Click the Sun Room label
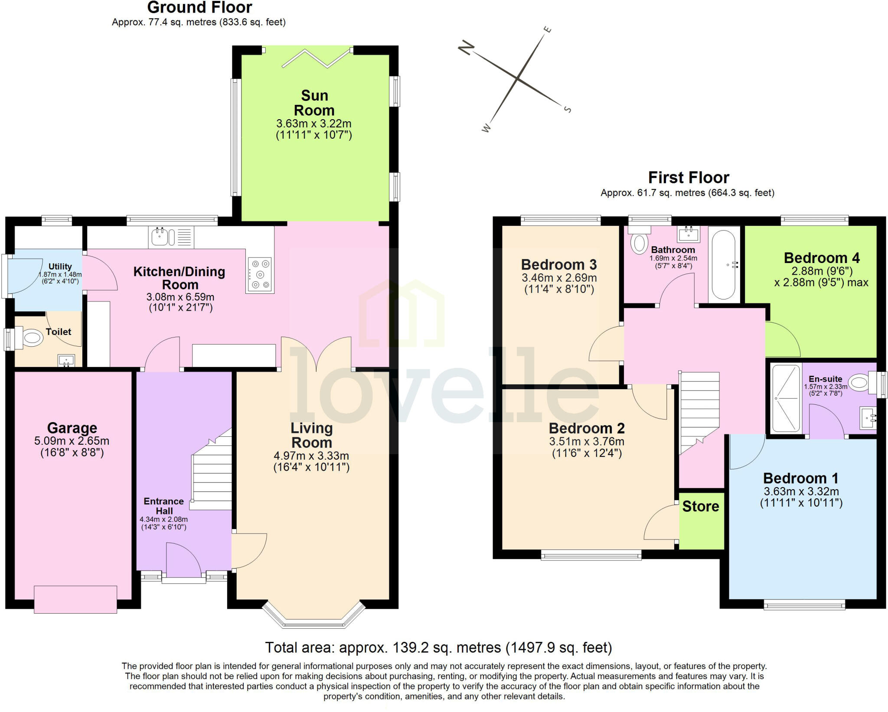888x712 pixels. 314,103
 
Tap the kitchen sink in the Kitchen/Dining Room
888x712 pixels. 160,237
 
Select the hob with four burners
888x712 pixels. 260,274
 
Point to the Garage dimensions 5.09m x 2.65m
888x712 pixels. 72,441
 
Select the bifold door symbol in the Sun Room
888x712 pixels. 316,59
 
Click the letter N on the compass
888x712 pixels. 466,47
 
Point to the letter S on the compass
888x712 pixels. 567,109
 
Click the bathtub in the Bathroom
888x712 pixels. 723,265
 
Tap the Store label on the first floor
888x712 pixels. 701,506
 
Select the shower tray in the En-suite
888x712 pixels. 786,398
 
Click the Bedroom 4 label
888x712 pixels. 821,258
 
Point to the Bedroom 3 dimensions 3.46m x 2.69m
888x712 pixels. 559,278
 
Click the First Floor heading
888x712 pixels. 688,178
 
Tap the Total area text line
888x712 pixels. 438,647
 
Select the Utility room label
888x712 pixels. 60,267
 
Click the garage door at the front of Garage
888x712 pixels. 75,599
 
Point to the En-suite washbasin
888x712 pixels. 868,418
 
